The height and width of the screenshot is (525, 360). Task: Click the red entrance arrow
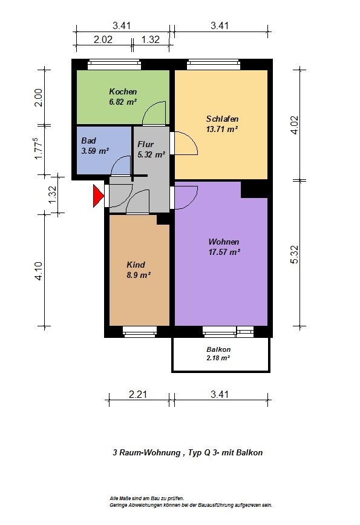(98, 196)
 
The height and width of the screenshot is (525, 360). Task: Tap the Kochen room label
(123, 91)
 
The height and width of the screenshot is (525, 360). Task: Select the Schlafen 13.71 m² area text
(222, 129)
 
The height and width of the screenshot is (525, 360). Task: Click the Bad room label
(89, 140)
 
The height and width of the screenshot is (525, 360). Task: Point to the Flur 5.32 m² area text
(151, 154)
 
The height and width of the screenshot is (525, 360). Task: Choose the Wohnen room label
(223, 242)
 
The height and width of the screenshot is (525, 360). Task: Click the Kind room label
(136, 265)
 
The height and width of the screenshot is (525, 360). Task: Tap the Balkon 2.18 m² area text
(218, 358)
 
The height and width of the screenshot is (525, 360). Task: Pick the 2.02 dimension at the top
(103, 39)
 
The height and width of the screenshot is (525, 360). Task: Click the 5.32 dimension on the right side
(295, 255)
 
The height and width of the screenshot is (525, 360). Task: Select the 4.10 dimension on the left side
(39, 271)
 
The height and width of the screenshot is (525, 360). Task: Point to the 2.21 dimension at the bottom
(138, 394)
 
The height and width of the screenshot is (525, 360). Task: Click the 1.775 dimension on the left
(39, 149)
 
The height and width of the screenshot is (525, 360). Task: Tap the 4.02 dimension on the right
(295, 125)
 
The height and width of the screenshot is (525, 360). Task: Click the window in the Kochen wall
(114, 64)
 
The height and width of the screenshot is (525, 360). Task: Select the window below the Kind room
(140, 331)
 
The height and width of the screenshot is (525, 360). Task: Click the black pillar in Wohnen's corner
(254, 190)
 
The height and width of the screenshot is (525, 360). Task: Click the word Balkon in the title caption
(249, 453)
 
